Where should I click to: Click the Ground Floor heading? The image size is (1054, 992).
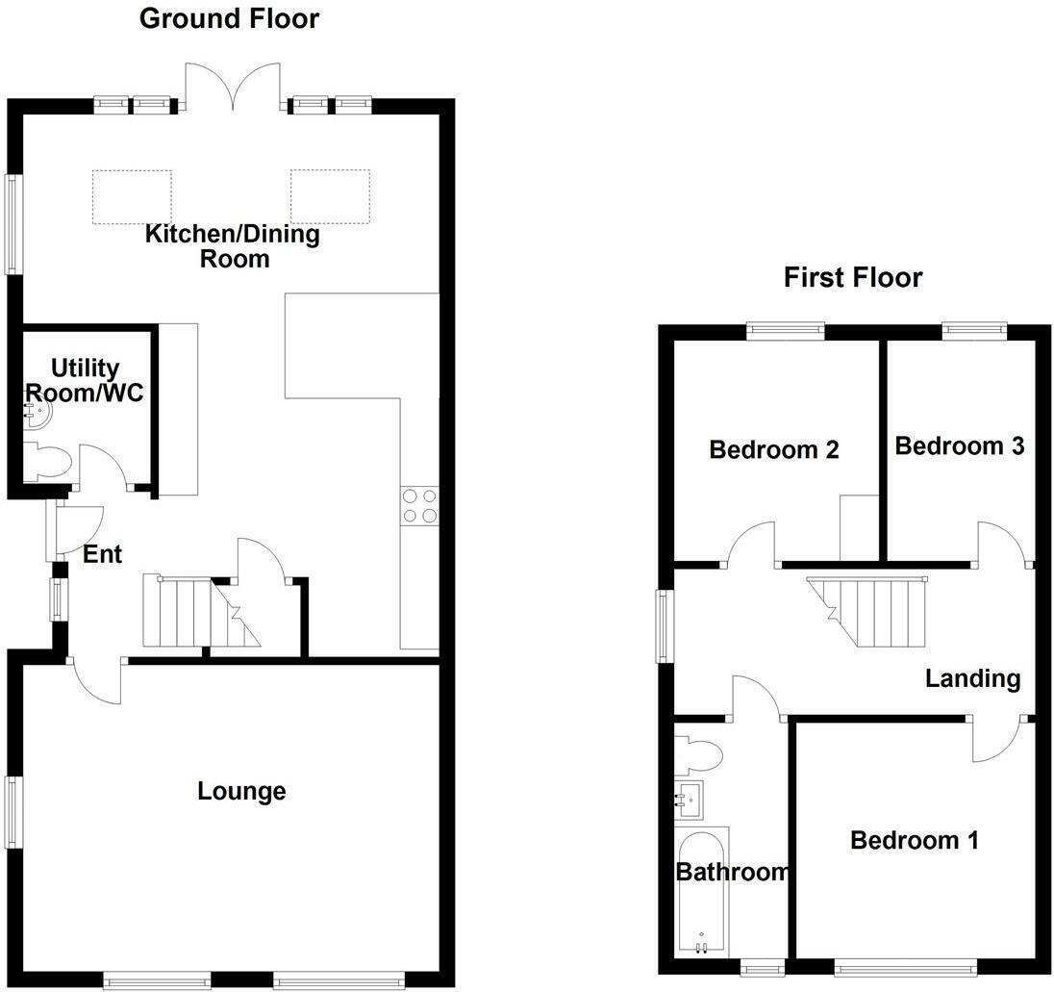[230, 18]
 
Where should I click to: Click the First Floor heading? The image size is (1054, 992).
[853, 278]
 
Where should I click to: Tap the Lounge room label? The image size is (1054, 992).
[241, 791]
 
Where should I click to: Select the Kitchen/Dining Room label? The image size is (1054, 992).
[233, 245]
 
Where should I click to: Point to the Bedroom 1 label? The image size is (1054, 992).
[915, 840]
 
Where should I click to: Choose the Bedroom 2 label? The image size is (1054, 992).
[774, 449]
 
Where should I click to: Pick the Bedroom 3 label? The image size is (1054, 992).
[960, 445]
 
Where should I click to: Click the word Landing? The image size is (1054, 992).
[972, 678]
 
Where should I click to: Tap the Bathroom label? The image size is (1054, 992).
[732, 872]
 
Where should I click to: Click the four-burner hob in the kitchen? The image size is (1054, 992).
[419, 506]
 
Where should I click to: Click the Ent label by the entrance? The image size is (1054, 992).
[102, 554]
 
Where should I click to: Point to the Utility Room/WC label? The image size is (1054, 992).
[85, 380]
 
